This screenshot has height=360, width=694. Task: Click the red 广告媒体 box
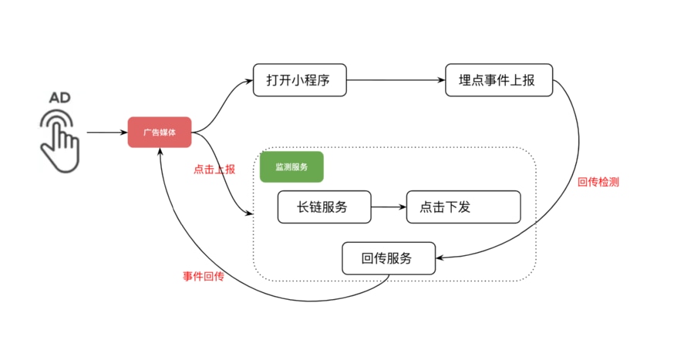(x=159, y=133)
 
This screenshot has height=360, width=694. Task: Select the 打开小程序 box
(x=299, y=80)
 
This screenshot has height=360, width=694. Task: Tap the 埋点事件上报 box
(x=500, y=80)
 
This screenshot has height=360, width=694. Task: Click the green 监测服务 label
(x=291, y=167)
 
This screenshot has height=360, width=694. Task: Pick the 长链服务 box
(x=324, y=207)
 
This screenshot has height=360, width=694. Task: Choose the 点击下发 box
(x=463, y=207)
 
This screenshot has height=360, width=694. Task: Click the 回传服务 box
(x=388, y=258)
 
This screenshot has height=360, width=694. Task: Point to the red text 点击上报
(x=214, y=169)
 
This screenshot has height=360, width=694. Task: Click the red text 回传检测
(x=598, y=183)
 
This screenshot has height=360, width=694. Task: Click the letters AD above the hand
(x=59, y=98)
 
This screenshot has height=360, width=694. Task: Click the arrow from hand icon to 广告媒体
(x=106, y=133)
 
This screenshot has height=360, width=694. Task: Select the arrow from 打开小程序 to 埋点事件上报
(x=396, y=80)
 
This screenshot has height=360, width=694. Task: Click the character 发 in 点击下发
(x=463, y=207)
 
